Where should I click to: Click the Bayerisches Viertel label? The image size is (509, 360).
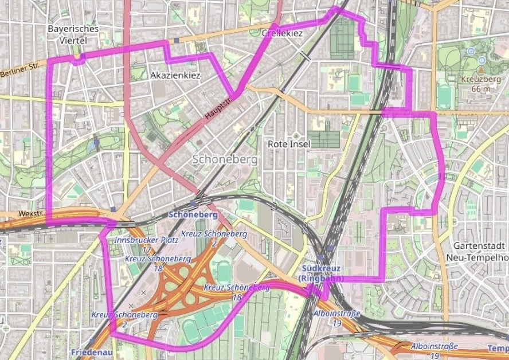(73, 34)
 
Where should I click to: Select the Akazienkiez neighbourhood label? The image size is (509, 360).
(175, 75)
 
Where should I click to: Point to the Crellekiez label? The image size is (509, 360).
(281, 34)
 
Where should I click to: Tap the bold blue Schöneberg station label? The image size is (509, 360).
(193, 214)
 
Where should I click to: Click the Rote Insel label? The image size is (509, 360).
(289, 144)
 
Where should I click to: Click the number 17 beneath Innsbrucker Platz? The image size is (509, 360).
(146, 249)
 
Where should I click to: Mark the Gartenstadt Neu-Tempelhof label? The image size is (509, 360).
(476, 251)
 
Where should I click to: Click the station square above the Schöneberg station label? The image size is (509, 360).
(194, 204)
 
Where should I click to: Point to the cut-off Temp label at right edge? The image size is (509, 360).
(498, 348)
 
